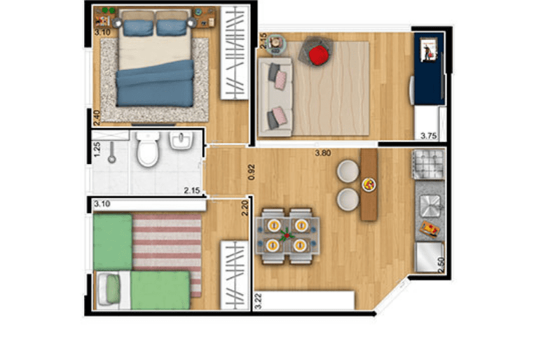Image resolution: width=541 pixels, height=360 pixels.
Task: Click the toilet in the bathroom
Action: tap(148, 148)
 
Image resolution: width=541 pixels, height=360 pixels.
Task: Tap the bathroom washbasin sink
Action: tap(181, 141)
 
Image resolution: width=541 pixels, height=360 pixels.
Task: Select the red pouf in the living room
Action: tap(318, 55)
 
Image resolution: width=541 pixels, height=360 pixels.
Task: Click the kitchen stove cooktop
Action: tap(429, 164)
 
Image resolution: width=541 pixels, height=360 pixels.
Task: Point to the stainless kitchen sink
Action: tap(430, 206)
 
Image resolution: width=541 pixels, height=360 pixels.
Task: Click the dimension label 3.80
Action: tap(322, 153)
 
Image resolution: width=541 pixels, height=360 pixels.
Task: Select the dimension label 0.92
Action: tap(251, 172)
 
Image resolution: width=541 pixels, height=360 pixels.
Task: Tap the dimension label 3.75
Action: tap(428, 136)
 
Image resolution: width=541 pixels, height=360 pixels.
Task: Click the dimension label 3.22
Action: tap(258, 301)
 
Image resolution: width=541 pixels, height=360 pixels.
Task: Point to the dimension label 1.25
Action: tap(97, 149)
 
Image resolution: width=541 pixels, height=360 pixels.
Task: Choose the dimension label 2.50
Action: tap(441, 265)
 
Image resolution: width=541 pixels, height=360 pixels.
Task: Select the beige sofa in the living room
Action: tap(275, 97)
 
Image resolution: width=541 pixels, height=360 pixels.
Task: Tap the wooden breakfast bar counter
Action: tap(369, 184)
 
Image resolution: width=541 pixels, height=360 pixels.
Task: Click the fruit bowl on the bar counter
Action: tap(369, 184)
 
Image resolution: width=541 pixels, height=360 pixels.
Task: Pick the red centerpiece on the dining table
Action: tap(287, 235)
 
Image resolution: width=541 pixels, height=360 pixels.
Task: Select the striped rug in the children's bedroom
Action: tap(167, 254)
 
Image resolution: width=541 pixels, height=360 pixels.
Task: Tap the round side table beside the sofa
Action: tap(276, 44)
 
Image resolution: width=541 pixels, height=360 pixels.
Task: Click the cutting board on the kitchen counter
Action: tap(429, 229)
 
